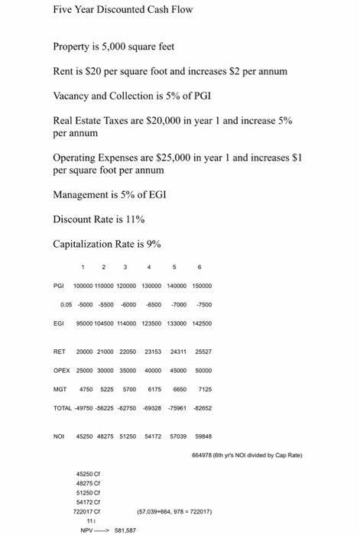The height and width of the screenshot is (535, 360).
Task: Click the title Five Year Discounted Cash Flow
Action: [x=122, y=10]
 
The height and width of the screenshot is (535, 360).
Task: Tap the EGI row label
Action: [x=60, y=323]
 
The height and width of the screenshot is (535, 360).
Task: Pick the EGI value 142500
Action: [x=203, y=323]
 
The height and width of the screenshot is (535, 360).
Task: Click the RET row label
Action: [x=60, y=352]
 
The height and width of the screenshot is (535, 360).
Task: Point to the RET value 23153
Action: [x=154, y=352]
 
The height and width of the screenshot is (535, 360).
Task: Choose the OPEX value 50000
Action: [x=204, y=370]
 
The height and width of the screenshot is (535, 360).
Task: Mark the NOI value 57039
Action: [x=178, y=436]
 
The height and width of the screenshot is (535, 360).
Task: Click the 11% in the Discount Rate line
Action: [x=135, y=219]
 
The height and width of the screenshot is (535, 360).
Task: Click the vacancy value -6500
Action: [x=154, y=305]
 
